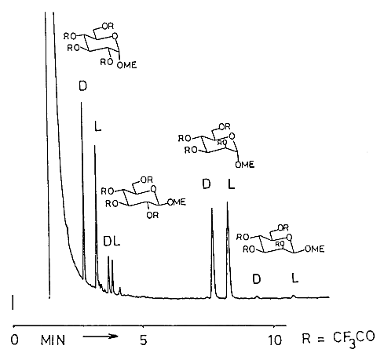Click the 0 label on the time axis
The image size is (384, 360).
tap(14, 340)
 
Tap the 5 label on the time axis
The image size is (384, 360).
tap(143, 340)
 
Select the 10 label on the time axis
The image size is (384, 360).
tap(275, 340)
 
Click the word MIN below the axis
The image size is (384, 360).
tap(53, 340)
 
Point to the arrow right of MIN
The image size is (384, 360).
tap(101, 336)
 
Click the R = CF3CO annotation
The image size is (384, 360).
tap(338, 339)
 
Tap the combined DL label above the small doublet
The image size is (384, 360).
tap(112, 242)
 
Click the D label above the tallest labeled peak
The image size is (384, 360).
tap(82, 85)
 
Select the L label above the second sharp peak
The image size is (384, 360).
tap(97, 126)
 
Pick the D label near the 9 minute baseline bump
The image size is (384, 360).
tap(257, 279)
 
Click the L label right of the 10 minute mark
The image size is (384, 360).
tap(295, 278)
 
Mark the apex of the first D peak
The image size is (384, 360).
tap(81, 102)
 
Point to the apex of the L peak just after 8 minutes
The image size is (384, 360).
tap(227, 202)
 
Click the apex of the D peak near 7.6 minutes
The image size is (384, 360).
tap(212, 209)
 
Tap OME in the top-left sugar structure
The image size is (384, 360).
tap(126, 65)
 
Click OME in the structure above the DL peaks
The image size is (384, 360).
tap(177, 202)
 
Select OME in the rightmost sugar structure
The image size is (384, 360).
tap(315, 249)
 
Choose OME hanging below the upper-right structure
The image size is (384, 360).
tap(245, 165)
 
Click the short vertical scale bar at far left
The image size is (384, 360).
tap(13, 303)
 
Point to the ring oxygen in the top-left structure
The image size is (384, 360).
tap(115, 36)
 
